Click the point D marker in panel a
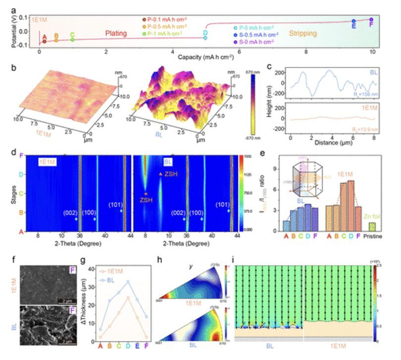[205, 38]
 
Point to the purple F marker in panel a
[371, 20]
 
